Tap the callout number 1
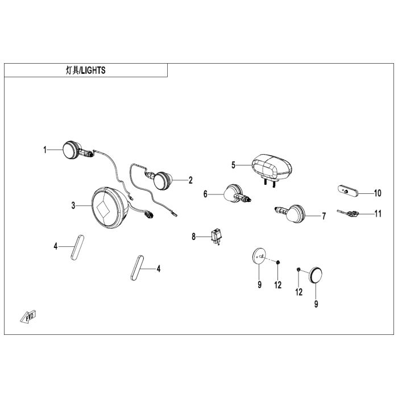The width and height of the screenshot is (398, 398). [44, 150]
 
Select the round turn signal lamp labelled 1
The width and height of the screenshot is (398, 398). [71, 150]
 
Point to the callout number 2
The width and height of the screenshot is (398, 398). [190, 180]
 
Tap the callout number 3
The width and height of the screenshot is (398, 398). [73, 205]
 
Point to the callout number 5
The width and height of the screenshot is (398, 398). [233, 165]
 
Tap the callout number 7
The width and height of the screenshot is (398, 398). [324, 216]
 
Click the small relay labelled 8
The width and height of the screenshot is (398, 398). [216, 236]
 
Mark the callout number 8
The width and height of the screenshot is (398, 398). [193, 237]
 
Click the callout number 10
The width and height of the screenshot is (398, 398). [378, 193]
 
